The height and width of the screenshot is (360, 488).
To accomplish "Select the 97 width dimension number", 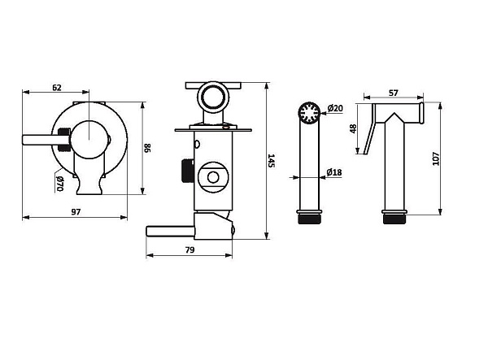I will tap(75, 211).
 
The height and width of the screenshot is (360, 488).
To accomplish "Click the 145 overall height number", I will tap(271, 162).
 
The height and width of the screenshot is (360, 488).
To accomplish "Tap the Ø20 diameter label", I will tap(335, 109).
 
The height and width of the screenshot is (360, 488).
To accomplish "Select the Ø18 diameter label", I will tap(333, 171).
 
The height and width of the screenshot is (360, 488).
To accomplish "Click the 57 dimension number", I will tap(393, 93).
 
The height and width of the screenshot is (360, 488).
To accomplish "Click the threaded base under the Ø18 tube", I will tap(309, 217).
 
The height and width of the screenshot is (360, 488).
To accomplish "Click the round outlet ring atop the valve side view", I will tap(215, 96).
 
